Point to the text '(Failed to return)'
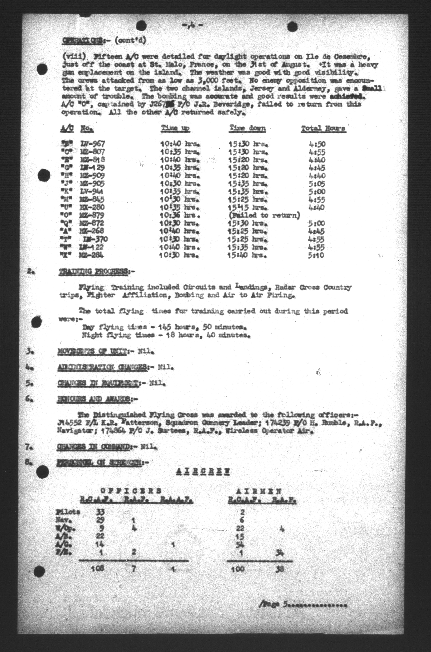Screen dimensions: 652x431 (264, 215)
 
